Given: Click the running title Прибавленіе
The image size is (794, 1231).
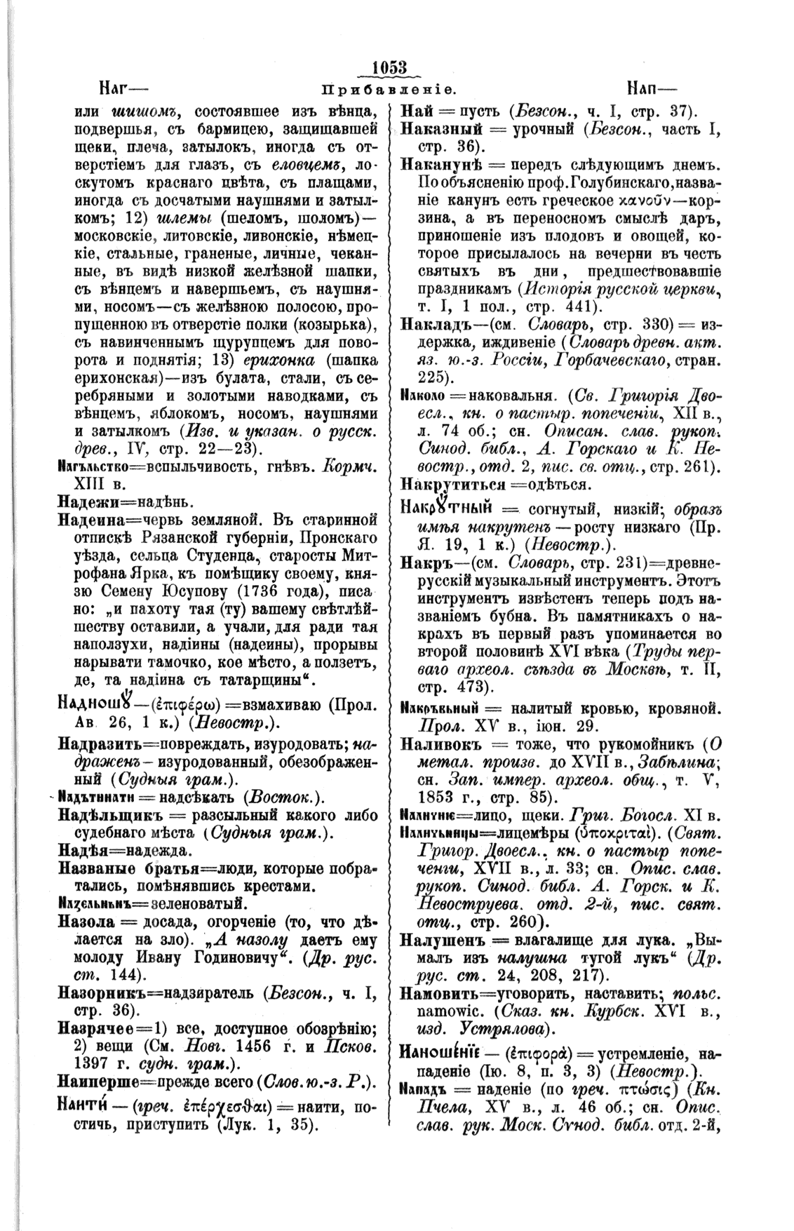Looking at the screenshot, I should point(389,91).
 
